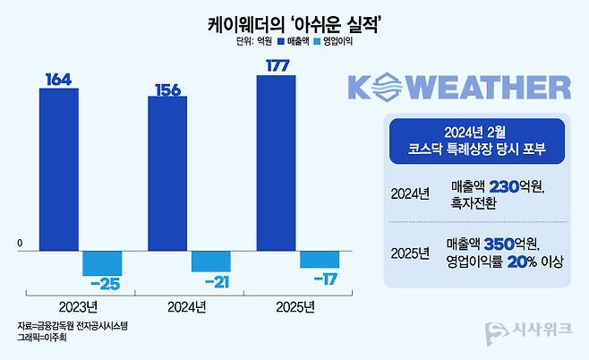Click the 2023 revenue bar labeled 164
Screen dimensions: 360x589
coord(60,170)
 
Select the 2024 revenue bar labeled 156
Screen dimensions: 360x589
coord(167,174)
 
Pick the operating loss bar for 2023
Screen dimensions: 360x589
coord(101,263)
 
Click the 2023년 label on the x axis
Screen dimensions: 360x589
coord(80,308)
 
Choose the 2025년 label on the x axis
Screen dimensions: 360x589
coord(295,308)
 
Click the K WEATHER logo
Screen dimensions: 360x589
coord(457,88)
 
